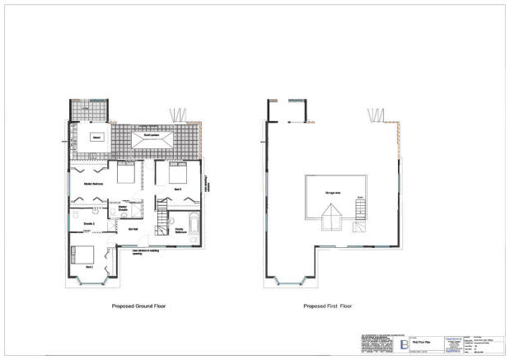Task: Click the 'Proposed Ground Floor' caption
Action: tap(138, 306)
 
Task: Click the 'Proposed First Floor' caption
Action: tap(326, 306)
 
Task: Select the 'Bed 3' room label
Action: tap(178, 189)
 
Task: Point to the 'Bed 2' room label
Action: tap(88, 268)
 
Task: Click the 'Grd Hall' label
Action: tap(155, 230)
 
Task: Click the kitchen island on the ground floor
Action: tap(96, 138)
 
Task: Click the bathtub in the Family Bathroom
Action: tap(192, 224)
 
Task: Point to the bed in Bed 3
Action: tap(179, 173)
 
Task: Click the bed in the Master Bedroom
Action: tap(126, 173)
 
